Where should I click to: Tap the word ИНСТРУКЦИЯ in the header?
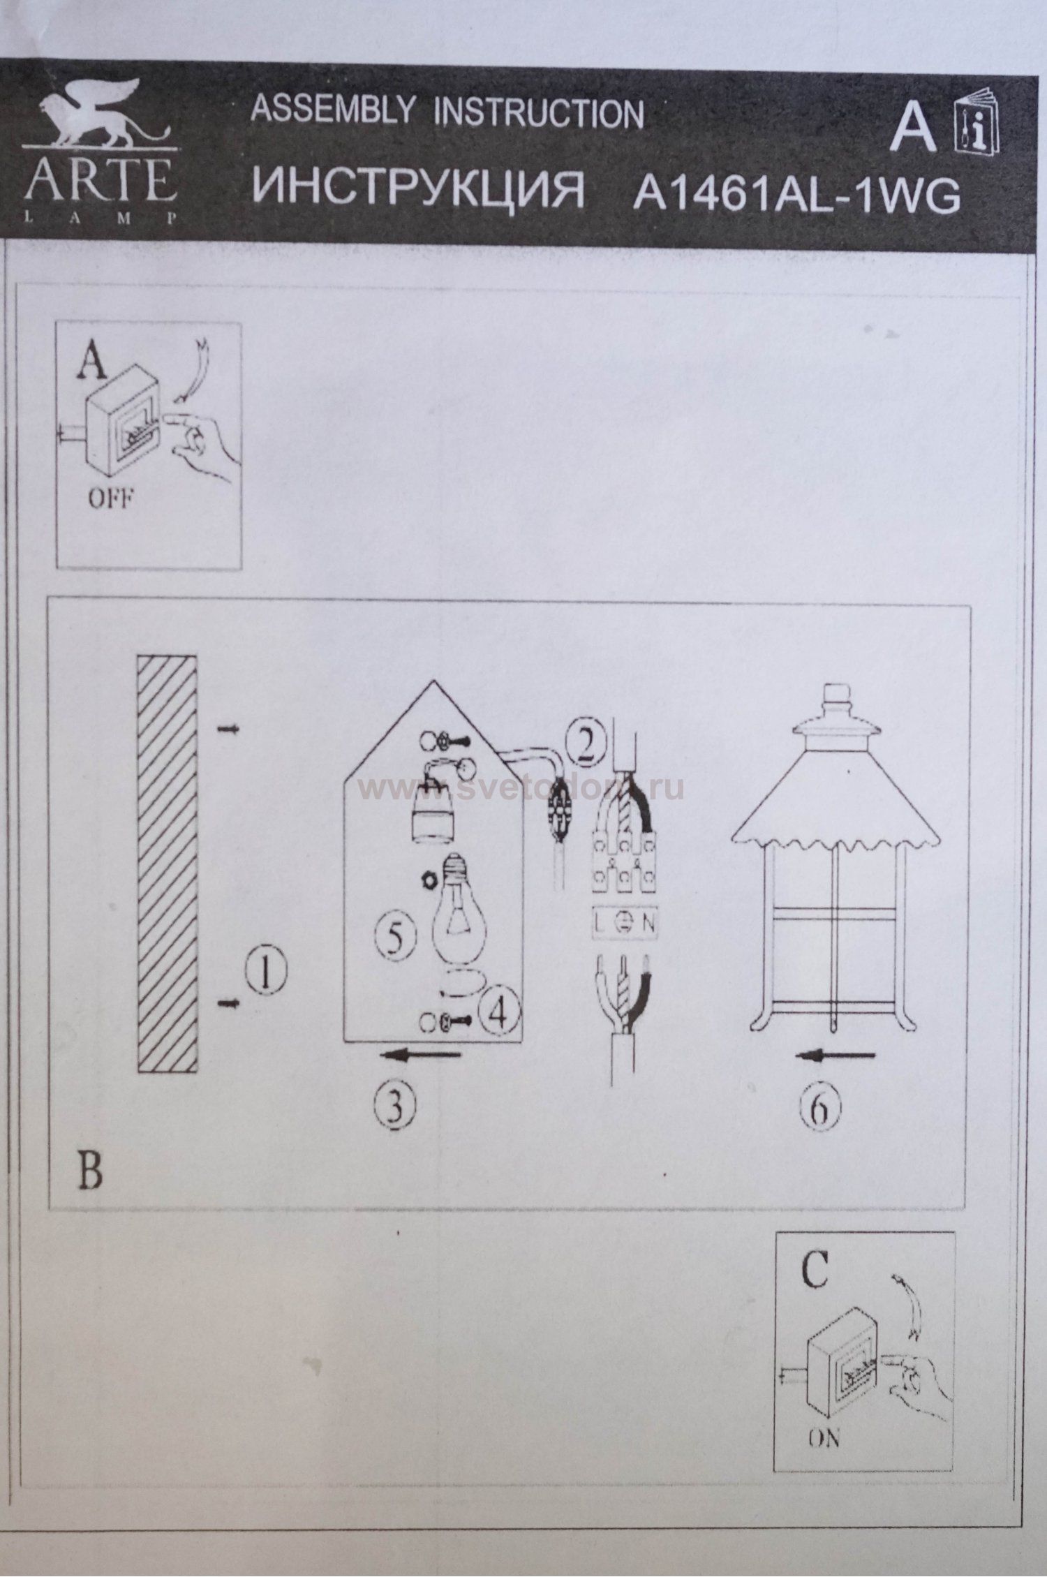417,188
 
